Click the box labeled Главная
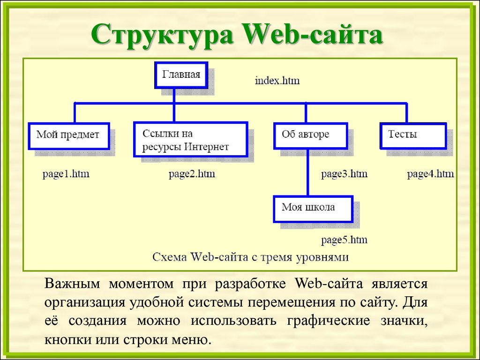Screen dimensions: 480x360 [181, 75]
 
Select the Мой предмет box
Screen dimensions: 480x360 [69, 136]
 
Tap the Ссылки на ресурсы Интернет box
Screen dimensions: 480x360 [190, 139]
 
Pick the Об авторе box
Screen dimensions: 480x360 [310, 136]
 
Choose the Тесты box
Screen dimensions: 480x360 [413, 136]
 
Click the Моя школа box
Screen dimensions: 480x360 [313, 209]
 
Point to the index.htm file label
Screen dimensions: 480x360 [277, 81]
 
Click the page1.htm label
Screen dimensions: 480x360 [66, 174]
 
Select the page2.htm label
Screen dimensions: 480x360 [192, 174]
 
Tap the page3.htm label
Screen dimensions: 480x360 [344, 174]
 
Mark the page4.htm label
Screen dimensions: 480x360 [430, 174]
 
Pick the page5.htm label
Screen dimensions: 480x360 [344, 240]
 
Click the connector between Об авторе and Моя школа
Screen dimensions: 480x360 [307, 172]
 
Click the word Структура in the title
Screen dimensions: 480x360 [162, 34]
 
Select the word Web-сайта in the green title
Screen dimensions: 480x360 [312, 34]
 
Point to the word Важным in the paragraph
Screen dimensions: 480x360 [72, 284]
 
